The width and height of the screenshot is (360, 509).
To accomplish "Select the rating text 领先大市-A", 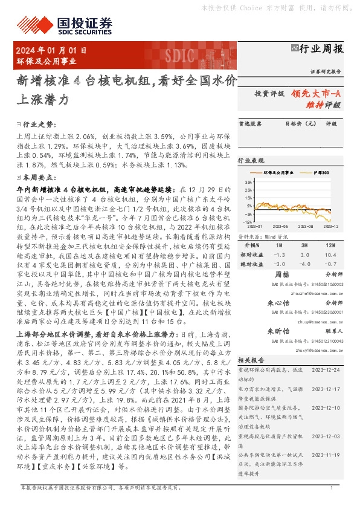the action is click(315, 94).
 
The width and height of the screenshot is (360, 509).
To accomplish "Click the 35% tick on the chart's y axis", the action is click(248, 182).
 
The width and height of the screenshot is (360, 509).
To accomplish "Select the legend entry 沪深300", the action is click(322, 173).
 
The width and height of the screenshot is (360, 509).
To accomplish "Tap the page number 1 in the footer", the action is click(332, 487).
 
